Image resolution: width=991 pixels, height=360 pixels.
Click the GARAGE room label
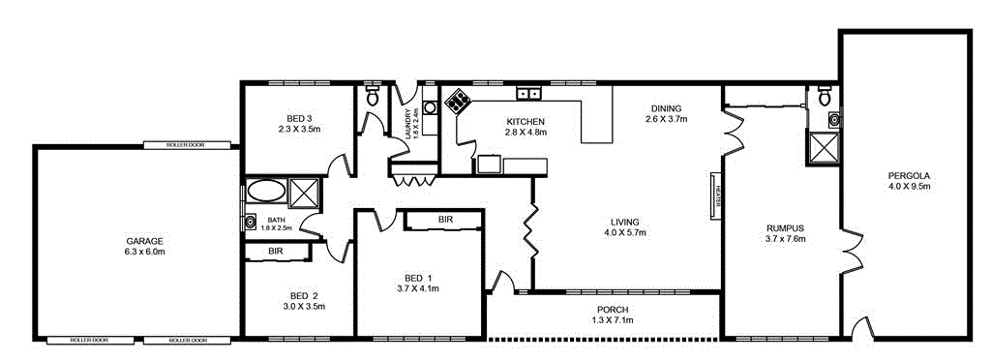[x=143, y=241]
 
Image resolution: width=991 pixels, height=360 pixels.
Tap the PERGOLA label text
[x=908, y=175]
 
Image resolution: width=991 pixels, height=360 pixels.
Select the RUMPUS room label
[x=785, y=228]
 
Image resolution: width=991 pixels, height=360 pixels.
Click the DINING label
[x=666, y=108]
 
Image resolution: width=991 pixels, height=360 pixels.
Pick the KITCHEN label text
[x=526, y=121]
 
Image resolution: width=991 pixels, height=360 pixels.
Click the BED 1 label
[x=418, y=278]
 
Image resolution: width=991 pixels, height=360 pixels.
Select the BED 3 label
[x=298, y=117]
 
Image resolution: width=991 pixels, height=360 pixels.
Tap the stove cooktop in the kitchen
[x=458, y=99]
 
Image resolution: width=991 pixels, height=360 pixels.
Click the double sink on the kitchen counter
[x=528, y=94]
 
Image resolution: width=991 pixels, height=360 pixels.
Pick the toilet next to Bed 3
[x=373, y=96]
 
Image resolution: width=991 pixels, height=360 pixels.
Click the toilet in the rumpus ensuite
[x=825, y=97]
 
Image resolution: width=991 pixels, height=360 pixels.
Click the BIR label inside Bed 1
[x=445, y=220]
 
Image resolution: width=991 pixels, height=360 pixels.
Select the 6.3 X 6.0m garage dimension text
[x=143, y=252]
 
